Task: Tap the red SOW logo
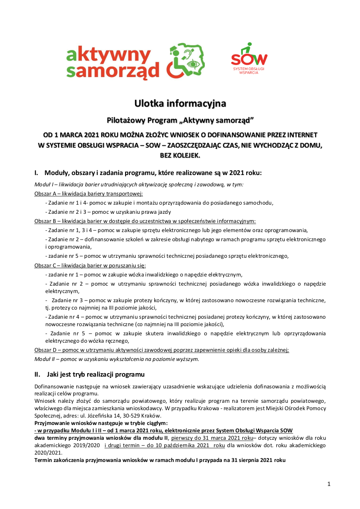click(x=249, y=59)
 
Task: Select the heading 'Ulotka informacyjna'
click(x=180, y=104)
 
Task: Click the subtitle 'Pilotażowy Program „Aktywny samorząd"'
click(x=180, y=120)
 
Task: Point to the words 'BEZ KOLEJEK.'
click(x=180, y=155)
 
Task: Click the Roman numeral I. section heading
click(x=148, y=173)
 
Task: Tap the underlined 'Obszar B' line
click(x=145, y=221)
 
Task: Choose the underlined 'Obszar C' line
click(x=90, y=265)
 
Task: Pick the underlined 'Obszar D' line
click(x=162, y=350)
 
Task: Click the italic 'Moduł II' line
click(x=116, y=359)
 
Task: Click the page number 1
click(x=329, y=484)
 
